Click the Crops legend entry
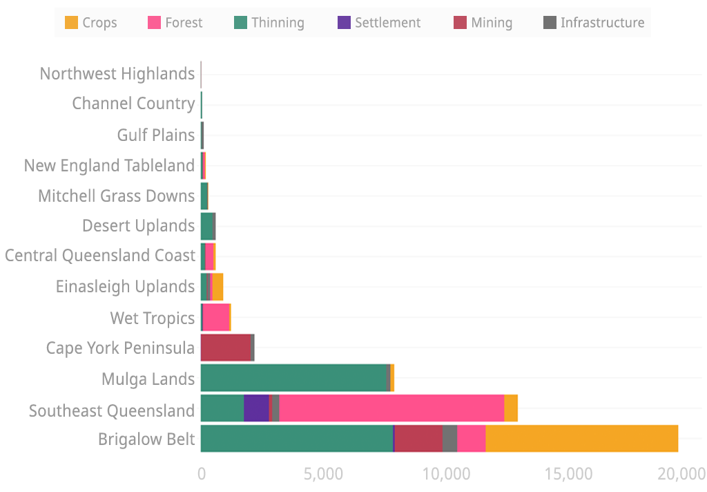pos(90,23)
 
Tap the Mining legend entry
pos(483,23)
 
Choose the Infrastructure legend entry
pos(593,23)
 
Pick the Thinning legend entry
pos(269,23)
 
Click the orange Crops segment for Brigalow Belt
pos(581,439)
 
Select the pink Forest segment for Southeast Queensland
pos(391,408)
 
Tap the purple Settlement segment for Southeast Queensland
pos(256,408)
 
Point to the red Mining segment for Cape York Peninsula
pos(226,348)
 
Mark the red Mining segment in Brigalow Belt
pos(418,439)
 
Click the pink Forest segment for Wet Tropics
pos(216,317)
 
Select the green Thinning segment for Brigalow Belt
pos(297,439)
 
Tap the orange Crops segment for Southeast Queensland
pos(511,408)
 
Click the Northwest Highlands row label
pos(117,73)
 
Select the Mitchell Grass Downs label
pos(117,196)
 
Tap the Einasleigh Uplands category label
pos(126,286)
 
